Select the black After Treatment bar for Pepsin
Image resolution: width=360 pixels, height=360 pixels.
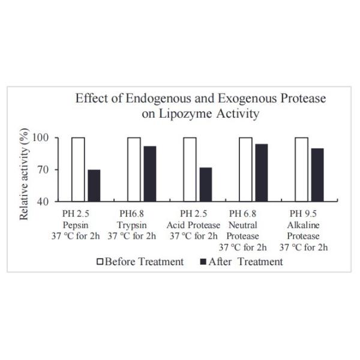pyautogui.click(x=94, y=185)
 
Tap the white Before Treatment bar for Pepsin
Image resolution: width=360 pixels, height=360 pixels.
pyautogui.click(x=78, y=169)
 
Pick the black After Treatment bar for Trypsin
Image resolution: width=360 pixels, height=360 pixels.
pyautogui.click(x=149, y=173)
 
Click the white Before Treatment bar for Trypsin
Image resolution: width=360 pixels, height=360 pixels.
pyautogui.click(x=134, y=169)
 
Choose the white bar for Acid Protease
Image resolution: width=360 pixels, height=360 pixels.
pyautogui.click(x=190, y=169)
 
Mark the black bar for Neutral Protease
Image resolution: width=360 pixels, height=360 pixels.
pyautogui.click(x=261, y=172)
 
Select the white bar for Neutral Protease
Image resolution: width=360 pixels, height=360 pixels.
pyautogui.click(x=245, y=169)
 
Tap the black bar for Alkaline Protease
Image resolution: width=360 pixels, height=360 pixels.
pyautogui.click(x=317, y=175)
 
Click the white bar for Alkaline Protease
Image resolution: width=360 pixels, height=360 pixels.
pyautogui.click(x=301, y=169)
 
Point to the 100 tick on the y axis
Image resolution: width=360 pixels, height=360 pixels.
pyautogui.click(x=49, y=138)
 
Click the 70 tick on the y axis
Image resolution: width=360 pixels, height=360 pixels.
pyautogui.click(x=51, y=170)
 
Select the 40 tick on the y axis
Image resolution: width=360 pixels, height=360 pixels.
pyautogui.click(x=51, y=201)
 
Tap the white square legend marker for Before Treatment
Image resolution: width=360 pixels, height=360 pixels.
pyautogui.click(x=101, y=262)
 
